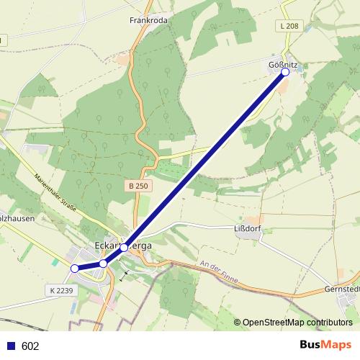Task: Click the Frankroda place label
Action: click(x=148, y=21)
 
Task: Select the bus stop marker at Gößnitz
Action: click(x=285, y=72)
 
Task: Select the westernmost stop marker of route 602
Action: click(x=74, y=269)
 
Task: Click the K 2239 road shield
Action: click(x=62, y=289)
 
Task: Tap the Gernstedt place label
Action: click(x=343, y=289)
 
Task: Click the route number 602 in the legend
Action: click(x=30, y=346)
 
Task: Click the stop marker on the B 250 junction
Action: click(x=124, y=247)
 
